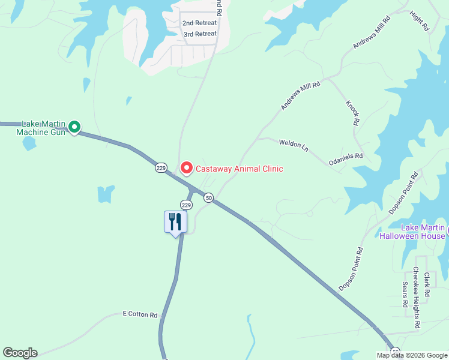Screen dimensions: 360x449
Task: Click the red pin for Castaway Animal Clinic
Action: tap(187, 169)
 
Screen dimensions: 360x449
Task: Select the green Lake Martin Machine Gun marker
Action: tap(74, 127)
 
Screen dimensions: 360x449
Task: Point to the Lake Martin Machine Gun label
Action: tap(40, 127)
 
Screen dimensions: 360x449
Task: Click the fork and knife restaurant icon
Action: tap(175, 222)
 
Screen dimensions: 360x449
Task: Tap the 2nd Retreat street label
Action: tap(199, 23)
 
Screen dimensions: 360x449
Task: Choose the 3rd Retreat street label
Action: tap(200, 34)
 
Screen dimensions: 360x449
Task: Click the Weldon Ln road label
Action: tap(294, 145)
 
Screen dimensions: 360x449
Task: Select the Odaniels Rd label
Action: tap(346, 158)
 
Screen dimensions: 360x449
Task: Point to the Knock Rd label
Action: tap(352, 112)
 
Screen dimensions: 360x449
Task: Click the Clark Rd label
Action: tap(427, 284)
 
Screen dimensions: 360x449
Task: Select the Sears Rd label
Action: tap(406, 294)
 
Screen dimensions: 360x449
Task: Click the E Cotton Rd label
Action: tap(140, 314)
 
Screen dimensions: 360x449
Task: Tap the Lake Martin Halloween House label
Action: tap(415, 232)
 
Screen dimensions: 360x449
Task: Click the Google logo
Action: tap(20, 353)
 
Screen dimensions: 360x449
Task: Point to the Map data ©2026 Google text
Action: tap(411, 355)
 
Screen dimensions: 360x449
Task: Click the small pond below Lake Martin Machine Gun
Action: tap(29, 143)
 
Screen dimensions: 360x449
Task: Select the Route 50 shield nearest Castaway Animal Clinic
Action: tap(208, 197)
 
